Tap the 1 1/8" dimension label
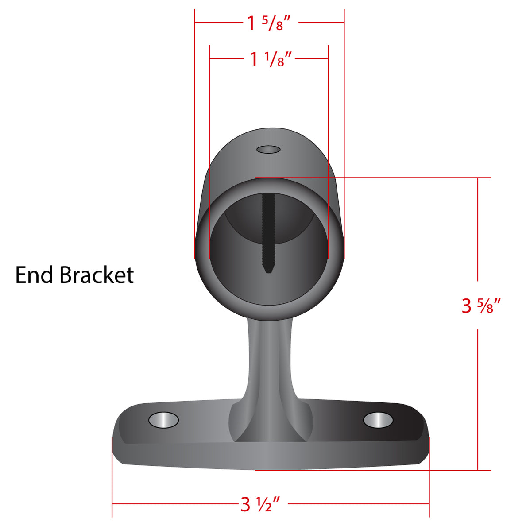point(271,59)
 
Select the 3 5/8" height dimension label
point(481,306)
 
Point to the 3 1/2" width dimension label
point(260,504)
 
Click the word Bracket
point(97,275)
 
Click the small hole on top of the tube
point(268,150)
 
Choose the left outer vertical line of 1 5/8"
point(195,133)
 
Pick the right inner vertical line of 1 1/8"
point(328,133)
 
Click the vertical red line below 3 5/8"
point(477,398)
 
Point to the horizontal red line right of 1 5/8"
point(321,22)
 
